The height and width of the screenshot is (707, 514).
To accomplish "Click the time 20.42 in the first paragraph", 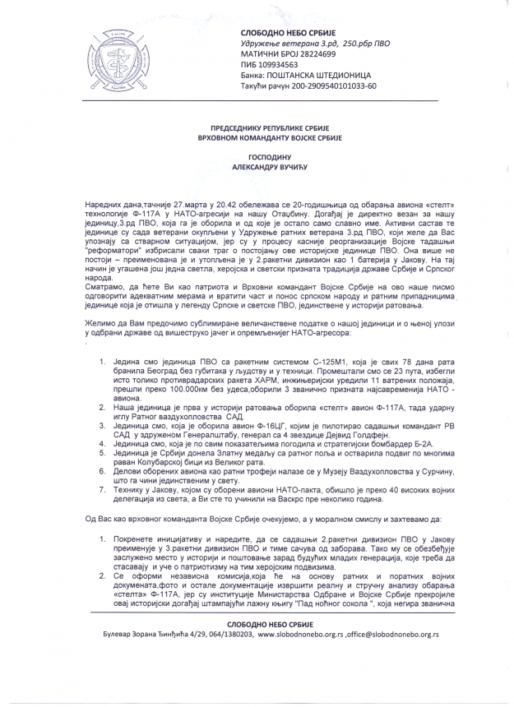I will click(x=215, y=202).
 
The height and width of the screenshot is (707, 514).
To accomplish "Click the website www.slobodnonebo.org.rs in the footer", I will click(x=299, y=635).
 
